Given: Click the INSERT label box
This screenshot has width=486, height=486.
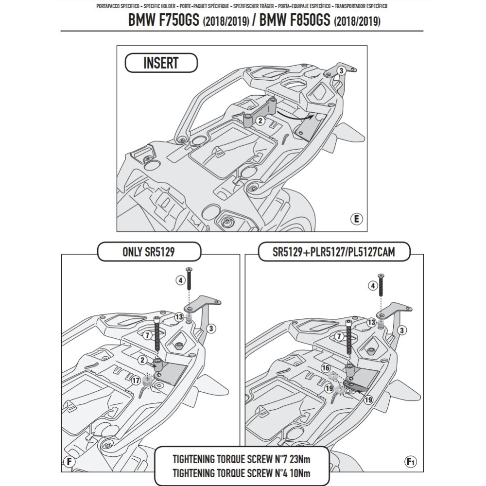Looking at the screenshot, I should (x=161, y=63).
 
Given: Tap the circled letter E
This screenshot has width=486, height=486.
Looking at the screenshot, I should (x=356, y=219).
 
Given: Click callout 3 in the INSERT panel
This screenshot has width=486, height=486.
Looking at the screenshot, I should (x=341, y=71).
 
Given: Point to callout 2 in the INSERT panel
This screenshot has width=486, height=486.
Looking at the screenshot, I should (x=260, y=120).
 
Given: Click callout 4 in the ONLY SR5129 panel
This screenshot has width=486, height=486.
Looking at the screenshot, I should (x=180, y=280).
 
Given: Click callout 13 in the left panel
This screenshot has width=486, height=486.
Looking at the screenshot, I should (x=178, y=317).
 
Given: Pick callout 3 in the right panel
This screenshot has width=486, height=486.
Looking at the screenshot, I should (x=401, y=330).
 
